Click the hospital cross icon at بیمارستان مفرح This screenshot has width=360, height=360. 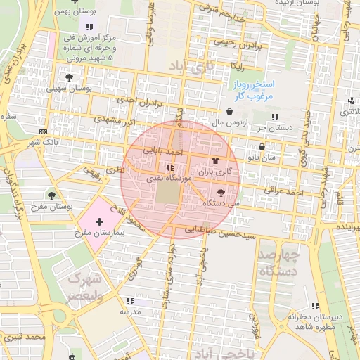pyautogui.click(x=98, y=221)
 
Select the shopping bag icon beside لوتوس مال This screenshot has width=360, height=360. pyautogui.click(x=230, y=111)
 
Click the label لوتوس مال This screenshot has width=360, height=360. pyautogui.click(x=209, y=122)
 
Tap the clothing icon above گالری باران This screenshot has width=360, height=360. pyautogui.click(x=205, y=160)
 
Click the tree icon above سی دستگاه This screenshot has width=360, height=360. pyautogui.click(x=222, y=191)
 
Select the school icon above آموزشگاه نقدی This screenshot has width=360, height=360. pyautogui.click(x=169, y=168)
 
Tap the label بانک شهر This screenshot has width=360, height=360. pyautogui.click(x=41, y=143)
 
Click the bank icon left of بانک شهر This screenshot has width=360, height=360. pyautogui.click(x=44, y=131)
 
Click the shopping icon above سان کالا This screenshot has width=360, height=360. pyautogui.click(x=262, y=147)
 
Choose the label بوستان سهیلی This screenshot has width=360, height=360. pyautogui.click(x=70, y=89)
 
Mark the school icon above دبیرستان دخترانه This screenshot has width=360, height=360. pyautogui.click(x=314, y=306)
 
